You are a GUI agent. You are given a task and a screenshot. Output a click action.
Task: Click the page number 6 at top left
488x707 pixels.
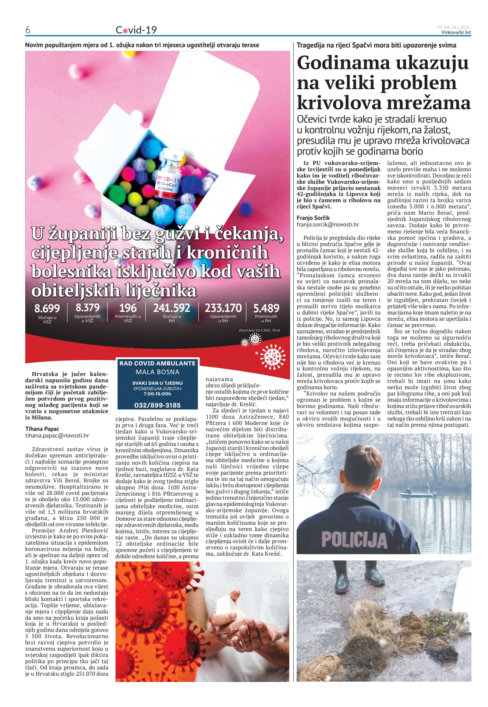click(x=28, y=30)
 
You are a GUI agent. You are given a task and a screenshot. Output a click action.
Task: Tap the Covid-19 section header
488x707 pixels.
click(x=136, y=30)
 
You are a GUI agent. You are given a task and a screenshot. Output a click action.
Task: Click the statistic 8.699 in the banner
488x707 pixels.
click(x=47, y=308)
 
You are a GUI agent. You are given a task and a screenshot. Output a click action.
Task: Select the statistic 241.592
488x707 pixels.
click(x=171, y=308)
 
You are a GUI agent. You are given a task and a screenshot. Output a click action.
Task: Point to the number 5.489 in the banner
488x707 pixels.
click(x=266, y=308)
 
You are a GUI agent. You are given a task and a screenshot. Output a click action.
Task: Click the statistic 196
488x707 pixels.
click(x=128, y=308)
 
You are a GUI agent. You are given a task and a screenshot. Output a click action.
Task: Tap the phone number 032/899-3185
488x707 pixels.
click(x=158, y=405)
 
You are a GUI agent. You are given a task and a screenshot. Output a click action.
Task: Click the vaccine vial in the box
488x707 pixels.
click(x=168, y=180)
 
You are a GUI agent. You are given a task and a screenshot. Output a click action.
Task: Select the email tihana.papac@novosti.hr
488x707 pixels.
click(x=57, y=435)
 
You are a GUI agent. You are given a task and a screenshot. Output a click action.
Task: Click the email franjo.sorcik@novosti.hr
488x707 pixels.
click(x=328, y=224)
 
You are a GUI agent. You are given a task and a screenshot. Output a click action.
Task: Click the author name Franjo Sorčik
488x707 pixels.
click(x=313, y=218)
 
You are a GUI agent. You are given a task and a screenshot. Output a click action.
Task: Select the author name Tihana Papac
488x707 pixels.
click(x=42, y=429)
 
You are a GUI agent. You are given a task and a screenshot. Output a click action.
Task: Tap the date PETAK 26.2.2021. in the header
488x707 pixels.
click(x=454, y=27)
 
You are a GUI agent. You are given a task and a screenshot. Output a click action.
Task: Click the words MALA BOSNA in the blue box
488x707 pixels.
click(x=158, y=372)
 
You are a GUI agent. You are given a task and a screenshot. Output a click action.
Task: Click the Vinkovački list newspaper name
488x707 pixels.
click(x=456, y=32)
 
